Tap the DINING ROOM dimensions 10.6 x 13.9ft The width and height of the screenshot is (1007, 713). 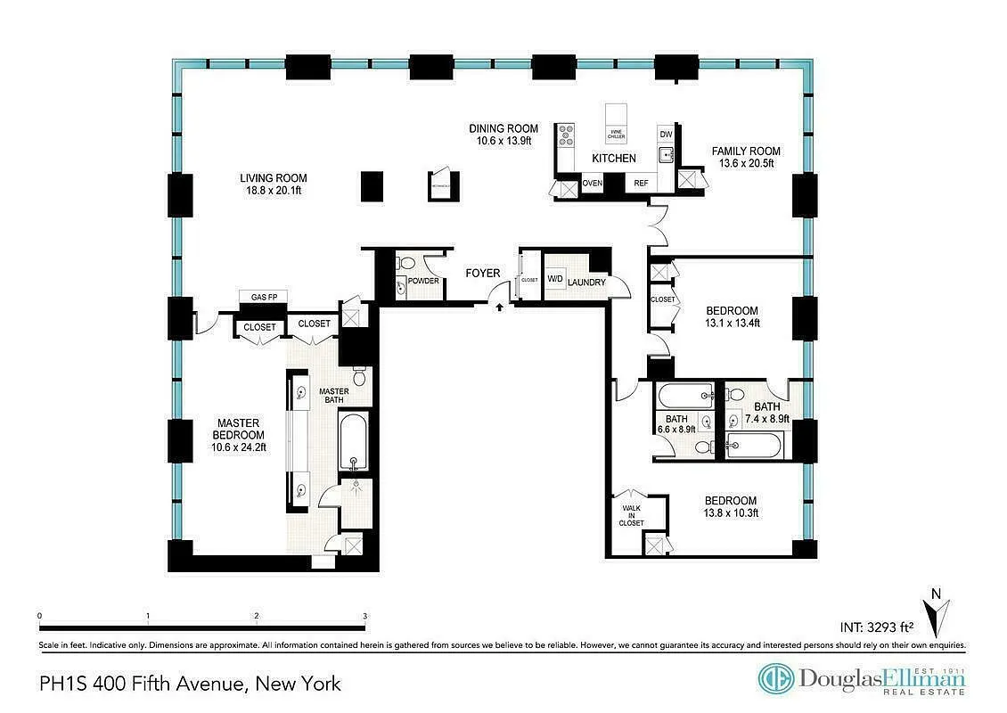(503, 141)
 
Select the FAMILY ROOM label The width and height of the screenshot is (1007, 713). (746, 151)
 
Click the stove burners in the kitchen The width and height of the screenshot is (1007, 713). (566, 135)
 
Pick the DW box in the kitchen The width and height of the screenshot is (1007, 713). (665, 134)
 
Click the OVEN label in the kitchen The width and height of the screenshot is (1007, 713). (592, 184)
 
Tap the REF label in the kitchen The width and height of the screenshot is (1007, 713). (641, 184)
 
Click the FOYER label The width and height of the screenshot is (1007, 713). (483, 273)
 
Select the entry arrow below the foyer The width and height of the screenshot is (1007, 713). (498, 307)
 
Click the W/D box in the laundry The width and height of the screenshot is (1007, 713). (554, 277)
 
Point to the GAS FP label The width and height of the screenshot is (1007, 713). (262, 297)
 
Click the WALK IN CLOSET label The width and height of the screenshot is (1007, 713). (632, 516)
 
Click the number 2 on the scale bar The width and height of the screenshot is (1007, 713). (256, 617)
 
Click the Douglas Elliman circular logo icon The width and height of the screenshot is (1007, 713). (775, 678)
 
